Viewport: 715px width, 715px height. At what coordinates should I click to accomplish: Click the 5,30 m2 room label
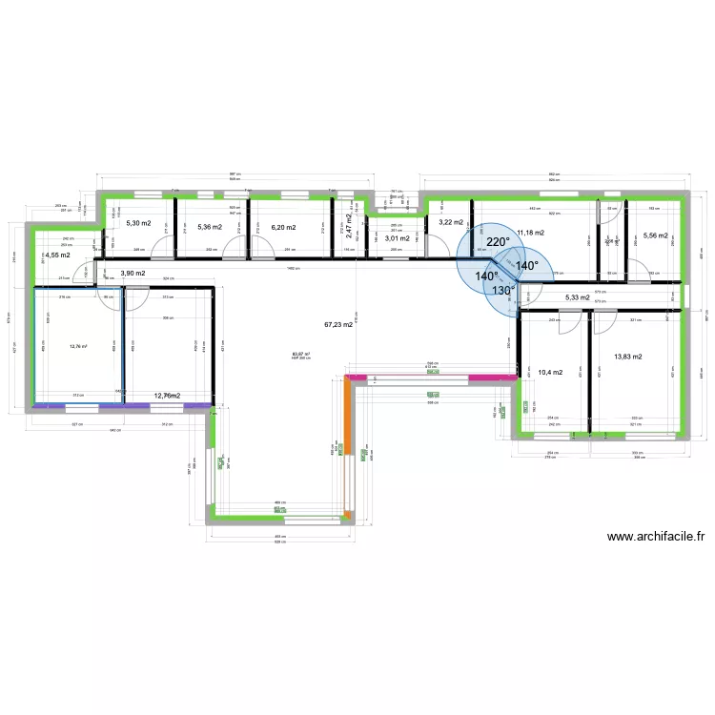coord(139,224)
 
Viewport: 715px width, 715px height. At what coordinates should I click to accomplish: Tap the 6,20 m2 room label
coord(283,228)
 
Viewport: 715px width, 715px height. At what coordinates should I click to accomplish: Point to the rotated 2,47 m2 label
coord(350,225)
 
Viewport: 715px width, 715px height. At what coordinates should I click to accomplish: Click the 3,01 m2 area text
coord(397,238)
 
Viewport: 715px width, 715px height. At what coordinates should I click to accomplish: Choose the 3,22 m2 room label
coord(450,222)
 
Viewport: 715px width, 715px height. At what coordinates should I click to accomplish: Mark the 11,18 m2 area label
coord(530,232)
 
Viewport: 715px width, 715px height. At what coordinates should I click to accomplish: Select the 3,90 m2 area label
coord(133,274)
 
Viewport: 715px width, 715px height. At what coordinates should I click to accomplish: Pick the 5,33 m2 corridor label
coord(578,297)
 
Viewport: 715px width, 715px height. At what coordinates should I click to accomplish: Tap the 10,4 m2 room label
coord(550,372)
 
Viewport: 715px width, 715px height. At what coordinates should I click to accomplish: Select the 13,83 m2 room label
coord(628,357)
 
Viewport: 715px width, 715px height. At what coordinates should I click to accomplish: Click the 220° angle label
coord(498,242)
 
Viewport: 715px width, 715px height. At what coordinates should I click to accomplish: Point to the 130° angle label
coord(504,291)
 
